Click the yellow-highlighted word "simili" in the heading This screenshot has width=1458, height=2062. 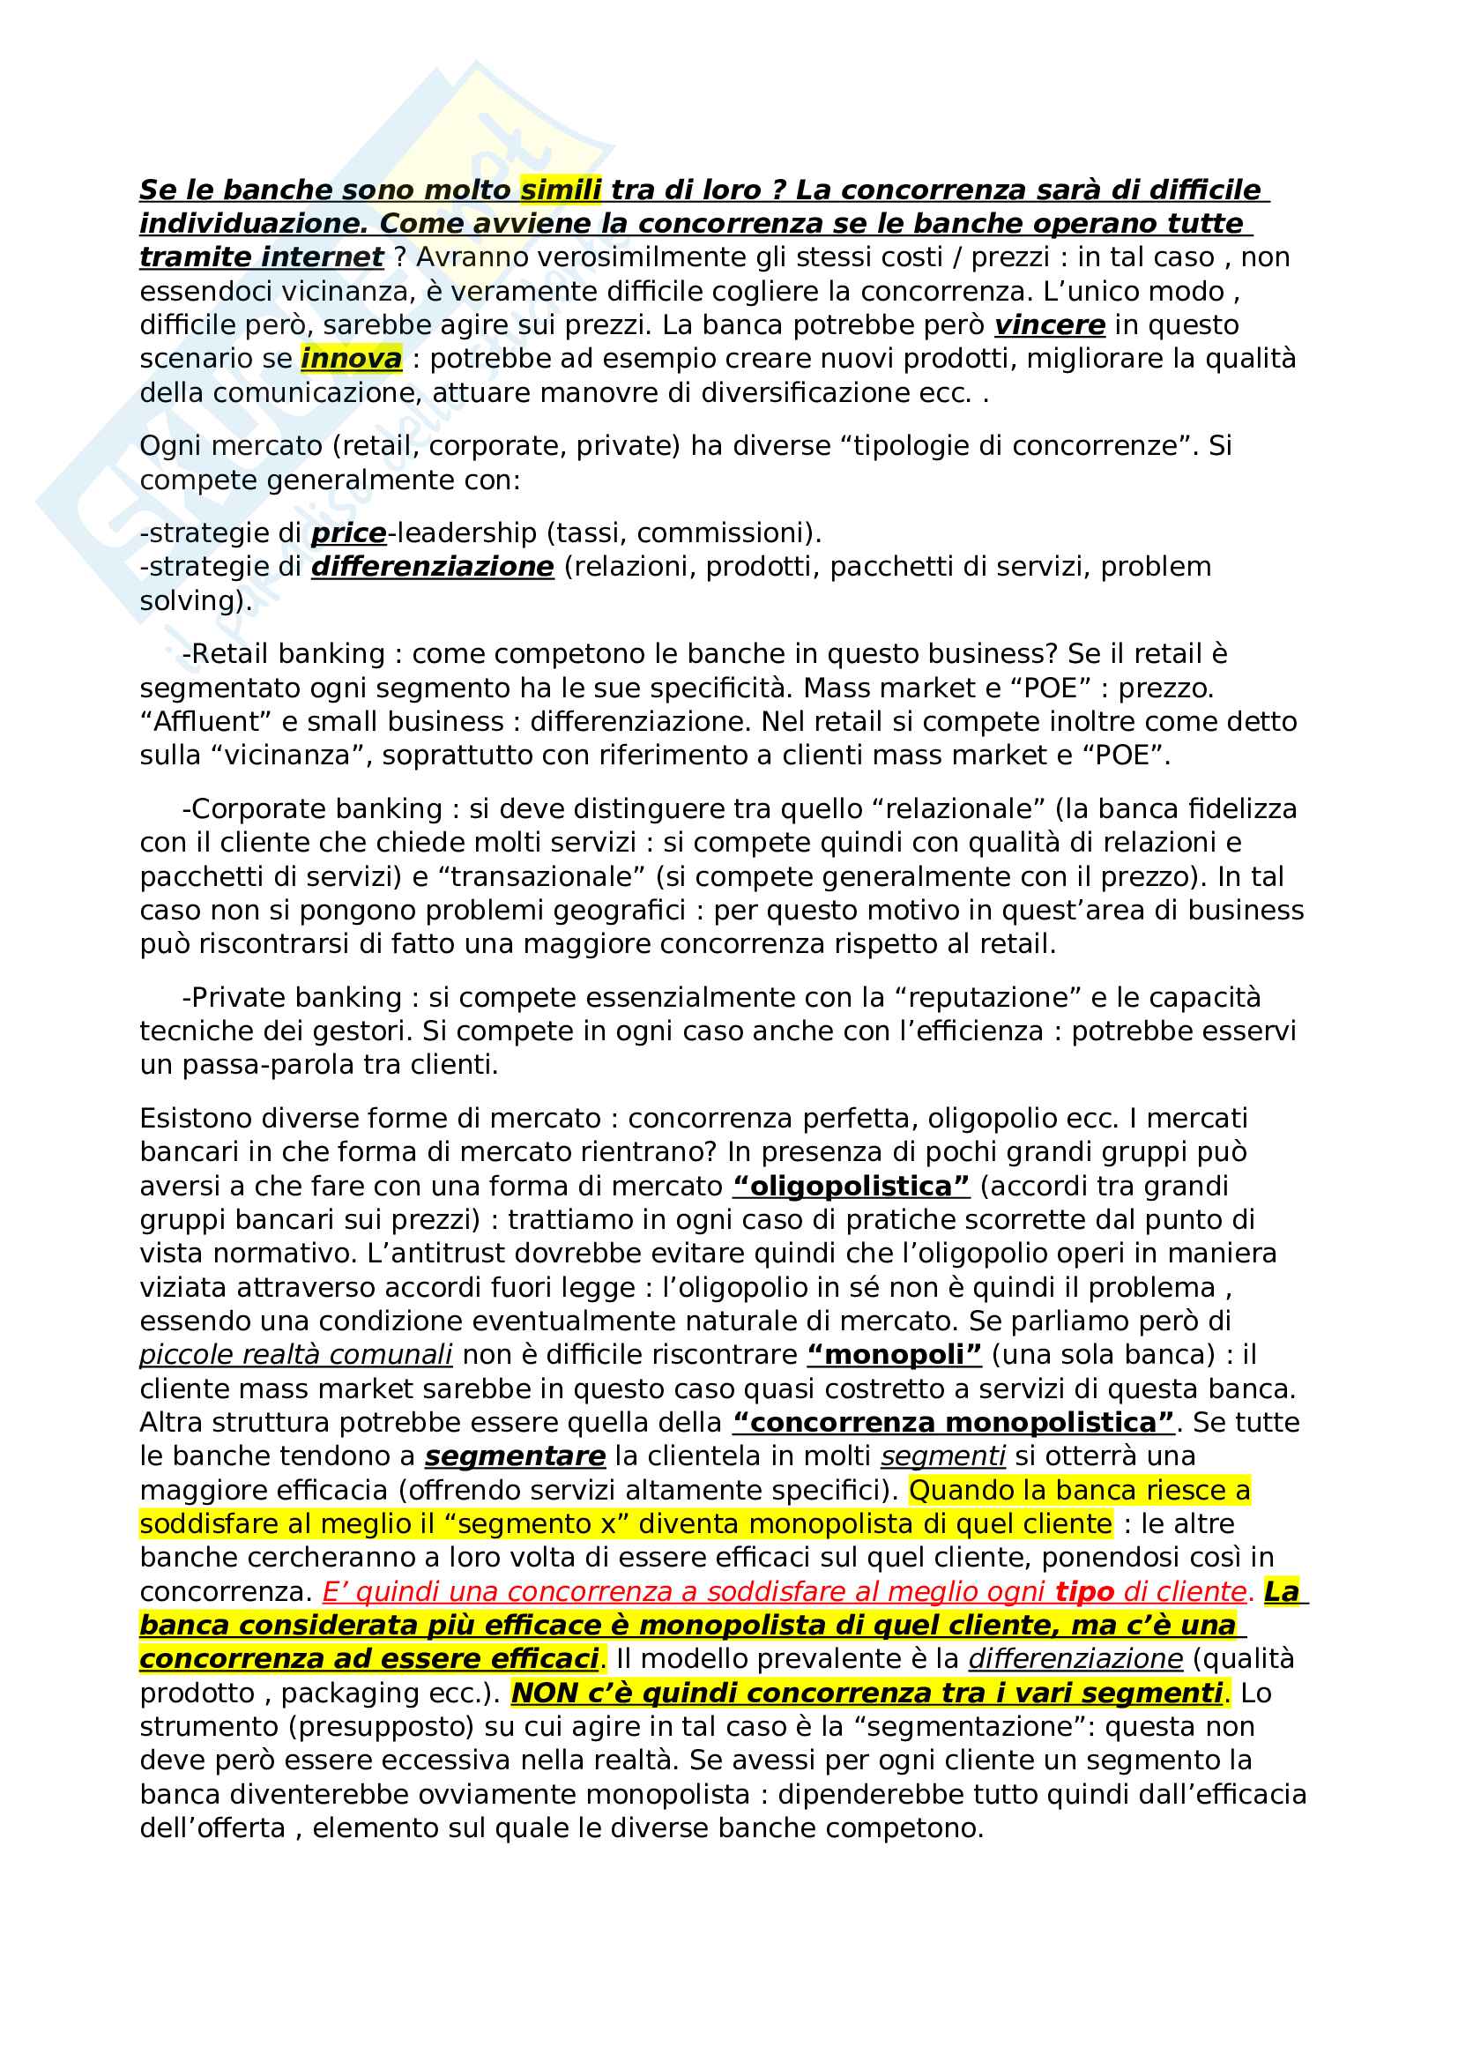point(561,190)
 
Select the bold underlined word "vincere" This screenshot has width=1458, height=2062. point(1050,324)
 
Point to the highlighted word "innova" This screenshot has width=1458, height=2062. point(351,358)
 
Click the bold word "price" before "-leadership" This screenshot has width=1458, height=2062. point(348,532)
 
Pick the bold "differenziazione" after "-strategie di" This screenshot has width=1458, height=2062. point(433,567)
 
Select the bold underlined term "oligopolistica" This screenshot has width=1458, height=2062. point(852,1187)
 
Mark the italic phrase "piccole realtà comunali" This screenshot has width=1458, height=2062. point(296,1354)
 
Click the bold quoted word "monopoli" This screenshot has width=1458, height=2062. point(894,1354)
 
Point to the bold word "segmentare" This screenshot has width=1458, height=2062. point(516,1455)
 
